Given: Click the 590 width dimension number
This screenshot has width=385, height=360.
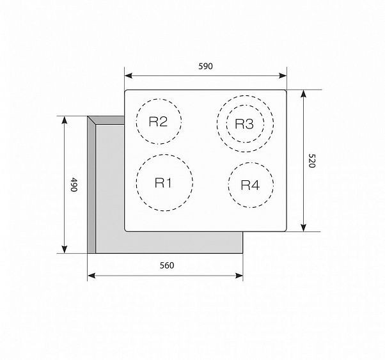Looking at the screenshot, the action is click(x=205, y=66).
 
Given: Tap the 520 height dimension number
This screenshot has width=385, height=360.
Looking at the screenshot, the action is click(x=311, y=160).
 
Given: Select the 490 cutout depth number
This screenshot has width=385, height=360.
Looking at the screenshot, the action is click(x=74, y=184).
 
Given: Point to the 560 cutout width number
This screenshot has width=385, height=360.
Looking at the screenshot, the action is click(x=167, y=265).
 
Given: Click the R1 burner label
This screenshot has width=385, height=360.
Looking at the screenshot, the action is click(x=164, y=182).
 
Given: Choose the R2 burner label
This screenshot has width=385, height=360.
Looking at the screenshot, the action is click(x=159, y=121).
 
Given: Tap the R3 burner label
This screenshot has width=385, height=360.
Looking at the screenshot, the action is click(x=244, y=123).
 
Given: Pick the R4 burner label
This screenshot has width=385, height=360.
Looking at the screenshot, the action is click(x=250, y=185).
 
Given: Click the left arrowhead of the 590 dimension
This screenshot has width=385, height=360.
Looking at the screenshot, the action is click(x=129, y=75).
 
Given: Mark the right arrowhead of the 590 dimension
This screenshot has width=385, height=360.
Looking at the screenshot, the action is click(x=283, y=75).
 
